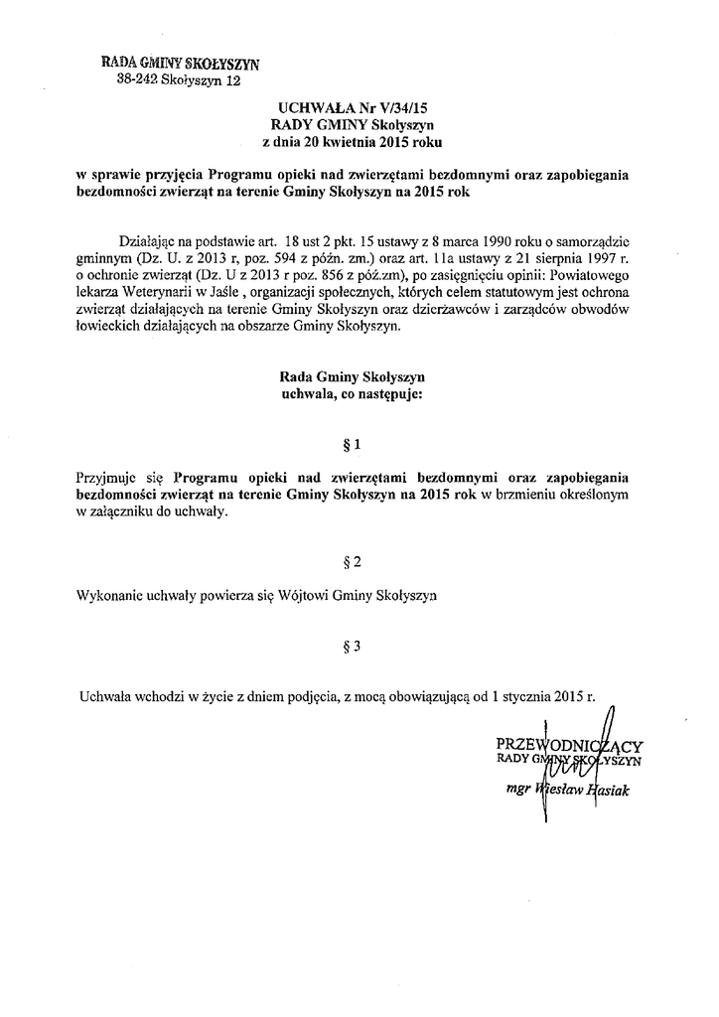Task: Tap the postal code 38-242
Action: [x=138, y=82]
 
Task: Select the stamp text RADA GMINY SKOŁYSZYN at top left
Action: [x=180, y=65]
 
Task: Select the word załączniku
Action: [x=121, y=513]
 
